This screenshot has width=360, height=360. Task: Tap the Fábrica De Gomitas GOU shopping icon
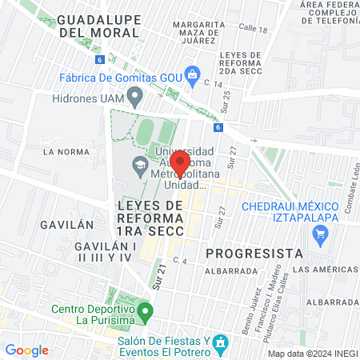pos(192,76)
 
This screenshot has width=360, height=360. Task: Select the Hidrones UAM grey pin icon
pos(135,98)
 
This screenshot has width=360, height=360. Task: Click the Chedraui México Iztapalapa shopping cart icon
pos(321,234)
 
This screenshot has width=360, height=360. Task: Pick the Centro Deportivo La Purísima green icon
pos(145,310)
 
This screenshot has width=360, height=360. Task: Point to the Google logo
pos(26,350)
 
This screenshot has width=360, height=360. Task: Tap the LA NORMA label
pos(60,150)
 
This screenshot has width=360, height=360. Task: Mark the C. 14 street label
pos(212,83)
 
